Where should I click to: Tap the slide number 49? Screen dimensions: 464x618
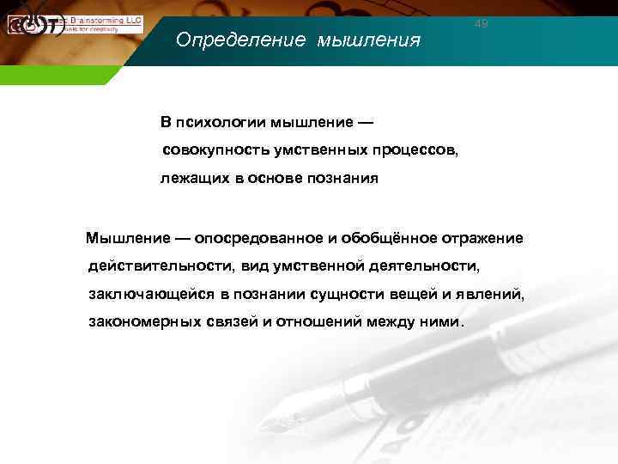click(482, 24)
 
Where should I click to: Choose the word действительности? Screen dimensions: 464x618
click(160, 266)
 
